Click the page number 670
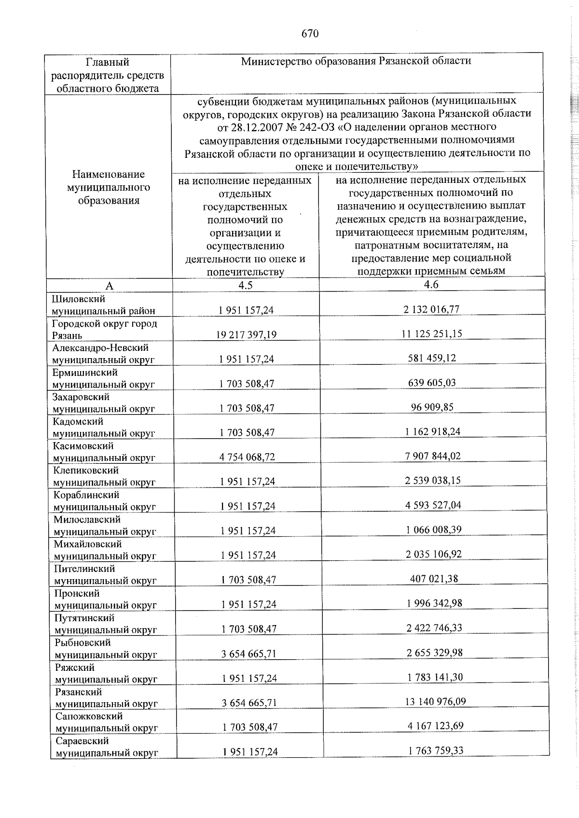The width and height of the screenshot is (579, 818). pos(310,33)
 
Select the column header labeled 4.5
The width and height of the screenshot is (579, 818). pos(245,285)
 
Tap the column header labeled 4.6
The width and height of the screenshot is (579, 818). pos(431,284)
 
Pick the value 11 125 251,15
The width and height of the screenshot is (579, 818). pos(431,333)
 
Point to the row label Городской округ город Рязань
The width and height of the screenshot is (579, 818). pos(105,329)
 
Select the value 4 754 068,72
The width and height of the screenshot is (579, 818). pos(247,457)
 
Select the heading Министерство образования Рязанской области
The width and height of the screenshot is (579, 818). pos(356,61)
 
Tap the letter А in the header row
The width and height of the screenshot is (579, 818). pos(109,286)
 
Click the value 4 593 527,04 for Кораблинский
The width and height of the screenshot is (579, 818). pos(433,505)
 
